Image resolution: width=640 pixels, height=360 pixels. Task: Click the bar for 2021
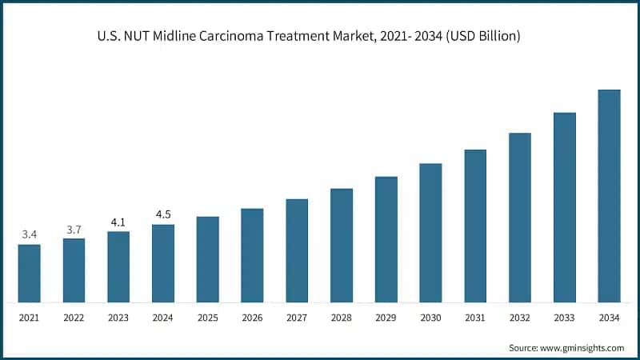pos(30,273)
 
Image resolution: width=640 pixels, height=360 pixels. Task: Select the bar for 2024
pos(163,263)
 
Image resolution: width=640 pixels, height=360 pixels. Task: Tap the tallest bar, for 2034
pos(610,196)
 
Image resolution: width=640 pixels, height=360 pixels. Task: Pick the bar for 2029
pos(386,239)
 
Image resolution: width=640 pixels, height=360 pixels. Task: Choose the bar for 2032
pos(520,218)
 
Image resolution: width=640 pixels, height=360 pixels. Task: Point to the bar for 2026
pos(252,255)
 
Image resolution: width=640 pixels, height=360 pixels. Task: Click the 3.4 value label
pos(30,234)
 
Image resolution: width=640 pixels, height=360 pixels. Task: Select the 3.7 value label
pos(74,230)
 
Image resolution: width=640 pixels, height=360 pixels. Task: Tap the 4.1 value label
pos(118,222)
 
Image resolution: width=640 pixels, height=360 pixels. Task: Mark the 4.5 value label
pos(163,214)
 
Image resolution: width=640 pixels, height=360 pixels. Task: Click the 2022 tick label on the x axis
pos(74,318)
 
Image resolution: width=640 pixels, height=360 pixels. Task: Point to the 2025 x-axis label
pos(208,318)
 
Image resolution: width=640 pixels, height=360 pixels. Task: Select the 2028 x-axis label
pos(342,318)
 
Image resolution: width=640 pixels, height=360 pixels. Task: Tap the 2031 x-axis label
pos(475,318)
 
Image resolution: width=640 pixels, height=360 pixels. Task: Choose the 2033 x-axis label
pos(565,318)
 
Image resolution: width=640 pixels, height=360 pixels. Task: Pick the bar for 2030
pos(430,233)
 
